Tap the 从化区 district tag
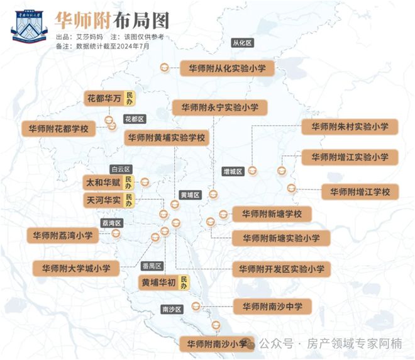click(x=241, y=43)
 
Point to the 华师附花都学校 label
click(x=58, y=129)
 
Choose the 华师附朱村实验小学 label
click(x=349, y=127)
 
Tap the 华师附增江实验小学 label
click(x=349, y=157)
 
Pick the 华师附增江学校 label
click(x=360, y=191)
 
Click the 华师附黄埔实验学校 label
click(x=166, y=138)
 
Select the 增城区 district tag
click(x=233, y=171)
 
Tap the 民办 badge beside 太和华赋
click(x=128, y=183)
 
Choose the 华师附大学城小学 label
click(x=75, y=268)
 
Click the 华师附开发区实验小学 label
click(x=280, y=269)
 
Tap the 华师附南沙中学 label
click(x=272, y=307)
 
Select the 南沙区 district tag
click(x=171, y=310)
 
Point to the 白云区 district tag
click(x=119, y=169)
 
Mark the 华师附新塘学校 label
click(x=272, y=214)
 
